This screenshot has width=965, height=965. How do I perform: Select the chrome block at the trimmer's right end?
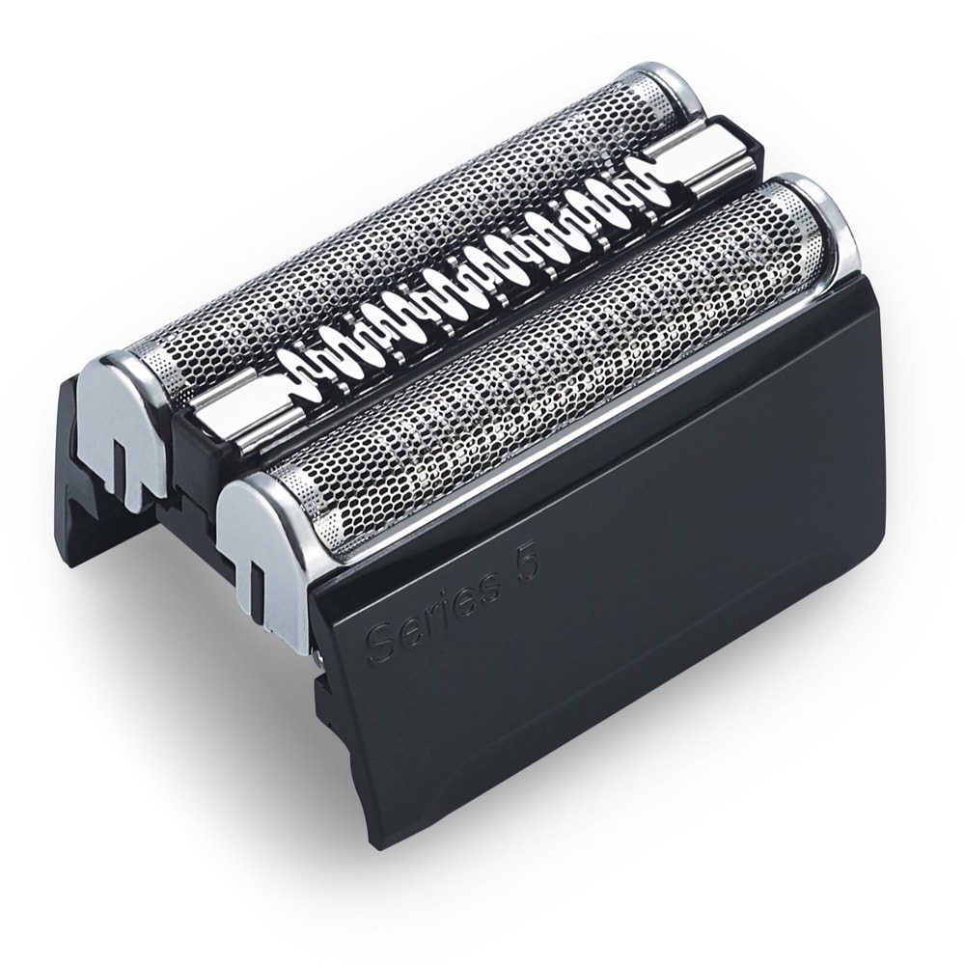(709, 160)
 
